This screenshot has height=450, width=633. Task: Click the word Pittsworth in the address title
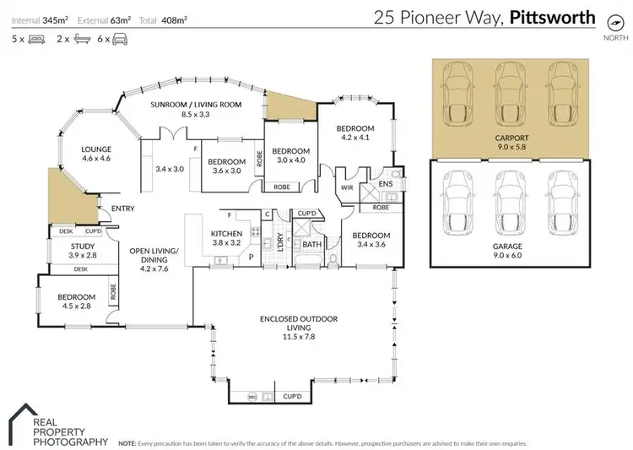552,16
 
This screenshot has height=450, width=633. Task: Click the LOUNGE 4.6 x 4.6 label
96,154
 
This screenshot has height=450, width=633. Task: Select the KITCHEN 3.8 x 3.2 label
226,237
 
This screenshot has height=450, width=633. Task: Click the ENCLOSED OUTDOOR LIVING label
300,323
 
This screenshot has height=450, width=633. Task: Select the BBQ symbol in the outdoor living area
250,395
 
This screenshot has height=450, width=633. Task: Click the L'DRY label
271,242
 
